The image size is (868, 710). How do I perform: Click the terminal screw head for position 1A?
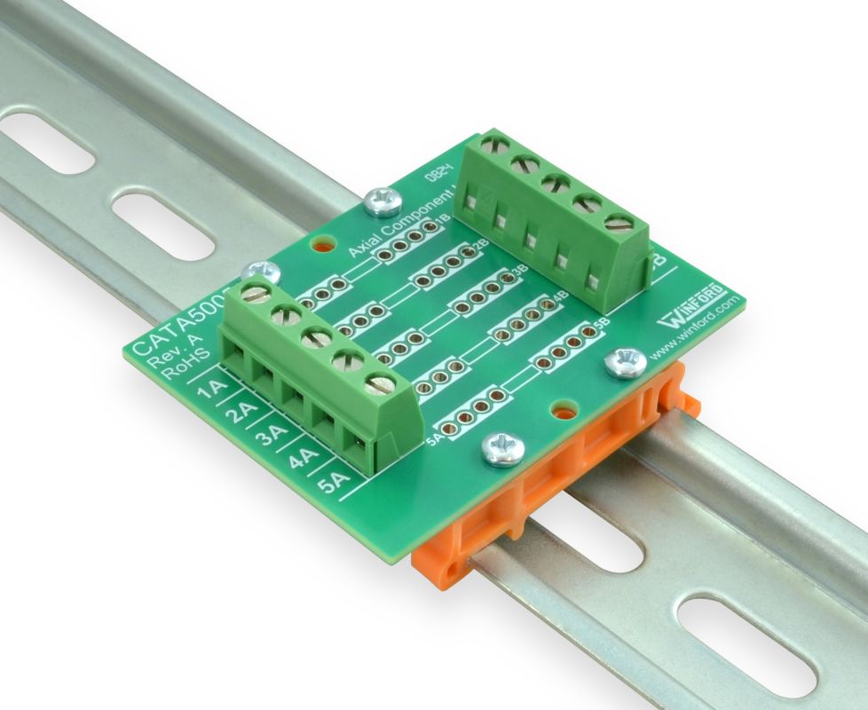[x=256, y=295]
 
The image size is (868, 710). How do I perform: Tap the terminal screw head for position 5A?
[x=381, y=384]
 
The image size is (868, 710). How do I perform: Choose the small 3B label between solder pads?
[x=520, y=266]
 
